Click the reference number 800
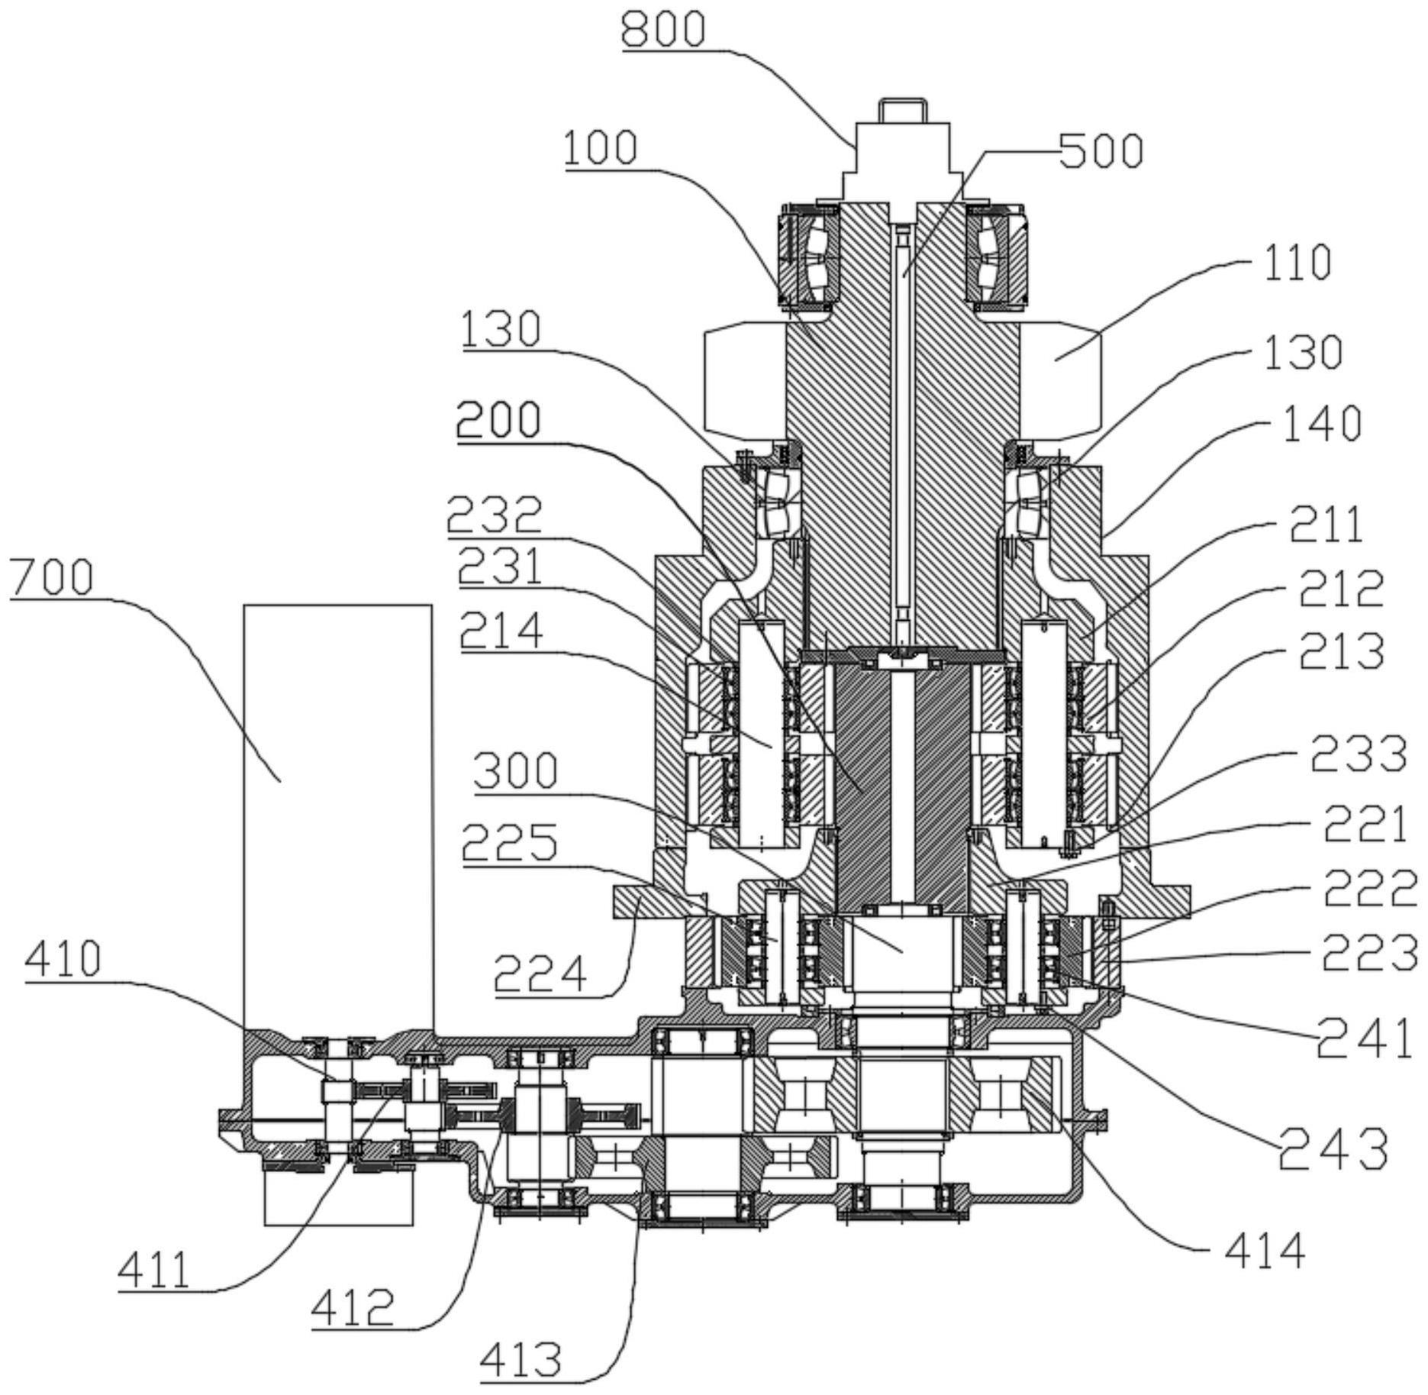662,31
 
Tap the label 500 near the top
1100,150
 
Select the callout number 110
1297,263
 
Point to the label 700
52,577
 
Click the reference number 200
499,418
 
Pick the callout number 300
515,770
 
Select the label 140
1321,424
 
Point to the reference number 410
63,959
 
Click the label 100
601,147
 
